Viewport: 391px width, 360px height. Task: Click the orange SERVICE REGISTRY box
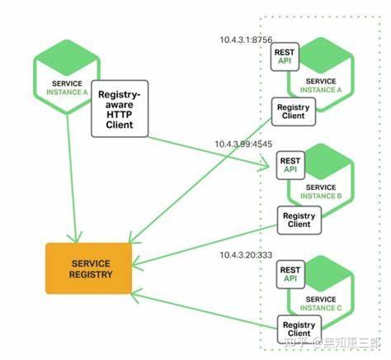pos(88,268)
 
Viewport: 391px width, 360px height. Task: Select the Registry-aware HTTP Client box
pos(120,109)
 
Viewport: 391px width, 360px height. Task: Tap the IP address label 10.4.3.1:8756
pos(246,40)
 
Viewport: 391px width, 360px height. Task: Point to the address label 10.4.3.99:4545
pos(243,144)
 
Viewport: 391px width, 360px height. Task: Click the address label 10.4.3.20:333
pos(246,255)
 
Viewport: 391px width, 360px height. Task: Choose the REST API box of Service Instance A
pos(285,57)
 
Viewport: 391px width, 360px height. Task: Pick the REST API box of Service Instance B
pos(290,165)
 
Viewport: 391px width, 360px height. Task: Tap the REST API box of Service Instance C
pos(290,274)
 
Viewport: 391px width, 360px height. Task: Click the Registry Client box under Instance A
pos(294,111)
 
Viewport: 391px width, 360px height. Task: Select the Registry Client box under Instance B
pos(299,220)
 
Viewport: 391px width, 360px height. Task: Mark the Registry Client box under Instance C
pos(299,329)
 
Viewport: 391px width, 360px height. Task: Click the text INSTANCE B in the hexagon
pos(321,196)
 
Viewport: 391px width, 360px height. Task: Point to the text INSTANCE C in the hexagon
pos(321,308)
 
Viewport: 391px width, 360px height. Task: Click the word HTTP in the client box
pos(120,115)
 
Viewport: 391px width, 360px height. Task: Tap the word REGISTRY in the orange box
pos(91,274)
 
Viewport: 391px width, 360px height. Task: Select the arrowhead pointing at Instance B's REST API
pos(266,164)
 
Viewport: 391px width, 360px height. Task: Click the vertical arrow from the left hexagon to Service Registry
pos(72,178)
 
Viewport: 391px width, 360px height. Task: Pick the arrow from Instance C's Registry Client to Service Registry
pos(204,310)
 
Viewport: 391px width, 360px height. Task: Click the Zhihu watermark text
pos(332,343)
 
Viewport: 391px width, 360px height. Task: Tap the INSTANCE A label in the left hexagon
pos(67,92)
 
